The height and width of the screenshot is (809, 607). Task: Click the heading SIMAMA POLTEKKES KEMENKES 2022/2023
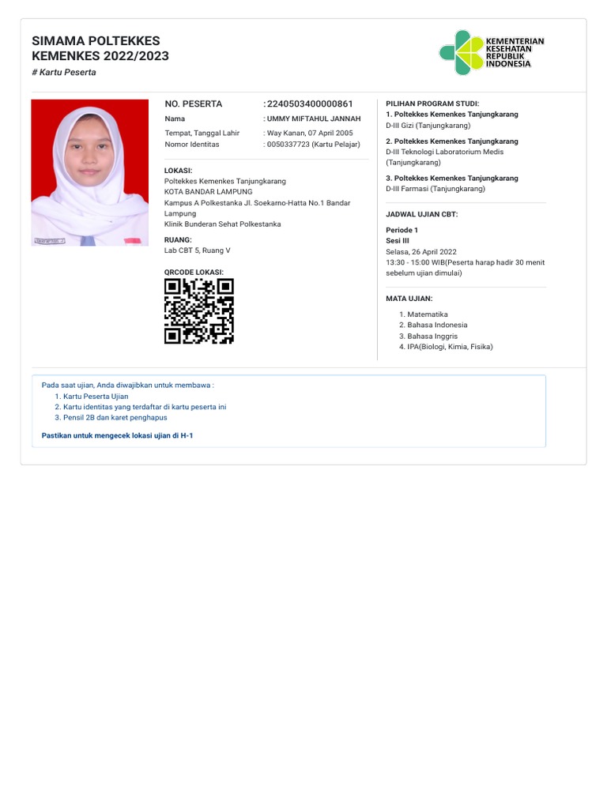click(x=100, y=48)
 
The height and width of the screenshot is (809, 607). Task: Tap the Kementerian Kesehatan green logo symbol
click(x=461, y=53)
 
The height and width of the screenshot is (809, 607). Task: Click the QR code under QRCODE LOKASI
click(x=198, y=311)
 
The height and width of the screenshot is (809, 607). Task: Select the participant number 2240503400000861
click(x=310, y=103)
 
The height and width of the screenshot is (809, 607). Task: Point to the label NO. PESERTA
click(x=193, y=103)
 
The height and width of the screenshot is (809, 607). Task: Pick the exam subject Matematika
click(x=427, y=314)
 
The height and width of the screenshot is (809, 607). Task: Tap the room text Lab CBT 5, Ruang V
click(x=197, y=250)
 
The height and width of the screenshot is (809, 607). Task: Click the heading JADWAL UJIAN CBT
click(x=421, y=214)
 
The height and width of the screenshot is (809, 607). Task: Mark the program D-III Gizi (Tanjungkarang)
click(x=428, y=125)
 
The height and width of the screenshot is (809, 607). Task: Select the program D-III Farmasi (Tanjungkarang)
click(x=435, y=189)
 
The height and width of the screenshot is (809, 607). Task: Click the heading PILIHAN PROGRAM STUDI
click(x=432, y=103)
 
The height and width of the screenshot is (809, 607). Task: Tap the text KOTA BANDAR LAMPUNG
click(x=208, y=192)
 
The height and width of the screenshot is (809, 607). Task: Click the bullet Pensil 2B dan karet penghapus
click(x=115, y=417)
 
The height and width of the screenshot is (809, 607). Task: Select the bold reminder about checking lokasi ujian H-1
click(x=117, y=435)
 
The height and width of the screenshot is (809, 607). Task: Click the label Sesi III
click(x=397, y=241)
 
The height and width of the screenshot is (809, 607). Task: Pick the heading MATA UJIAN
click(x=409, y=299)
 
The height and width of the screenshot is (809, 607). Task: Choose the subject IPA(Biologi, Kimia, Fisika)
click(x=449, y=346)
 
